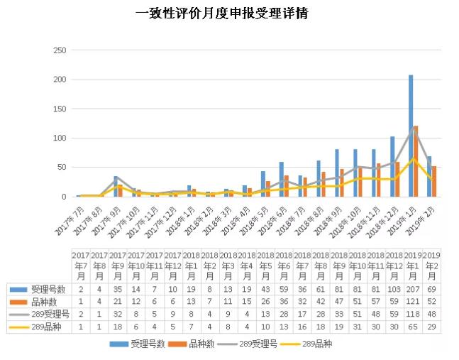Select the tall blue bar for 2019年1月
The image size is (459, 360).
click(411, 135)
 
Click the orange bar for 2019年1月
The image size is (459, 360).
click(416, 160)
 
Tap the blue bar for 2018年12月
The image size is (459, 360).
click(392, 166)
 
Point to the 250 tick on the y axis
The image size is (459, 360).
click(60, 50)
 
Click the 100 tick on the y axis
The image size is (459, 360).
click(60, 138)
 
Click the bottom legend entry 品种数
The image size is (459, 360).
click(197, 344)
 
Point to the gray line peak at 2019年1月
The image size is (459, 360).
click(414, 129)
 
